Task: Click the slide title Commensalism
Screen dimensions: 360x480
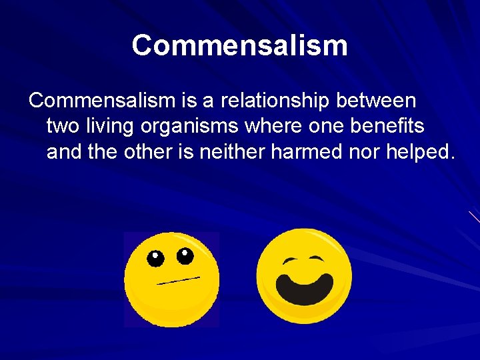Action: tap(239, 46)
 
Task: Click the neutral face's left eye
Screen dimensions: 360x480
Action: tap(155, 259)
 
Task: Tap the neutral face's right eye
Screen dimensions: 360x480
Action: tap(185, 255)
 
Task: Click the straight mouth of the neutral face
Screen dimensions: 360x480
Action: tap(178, 280)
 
